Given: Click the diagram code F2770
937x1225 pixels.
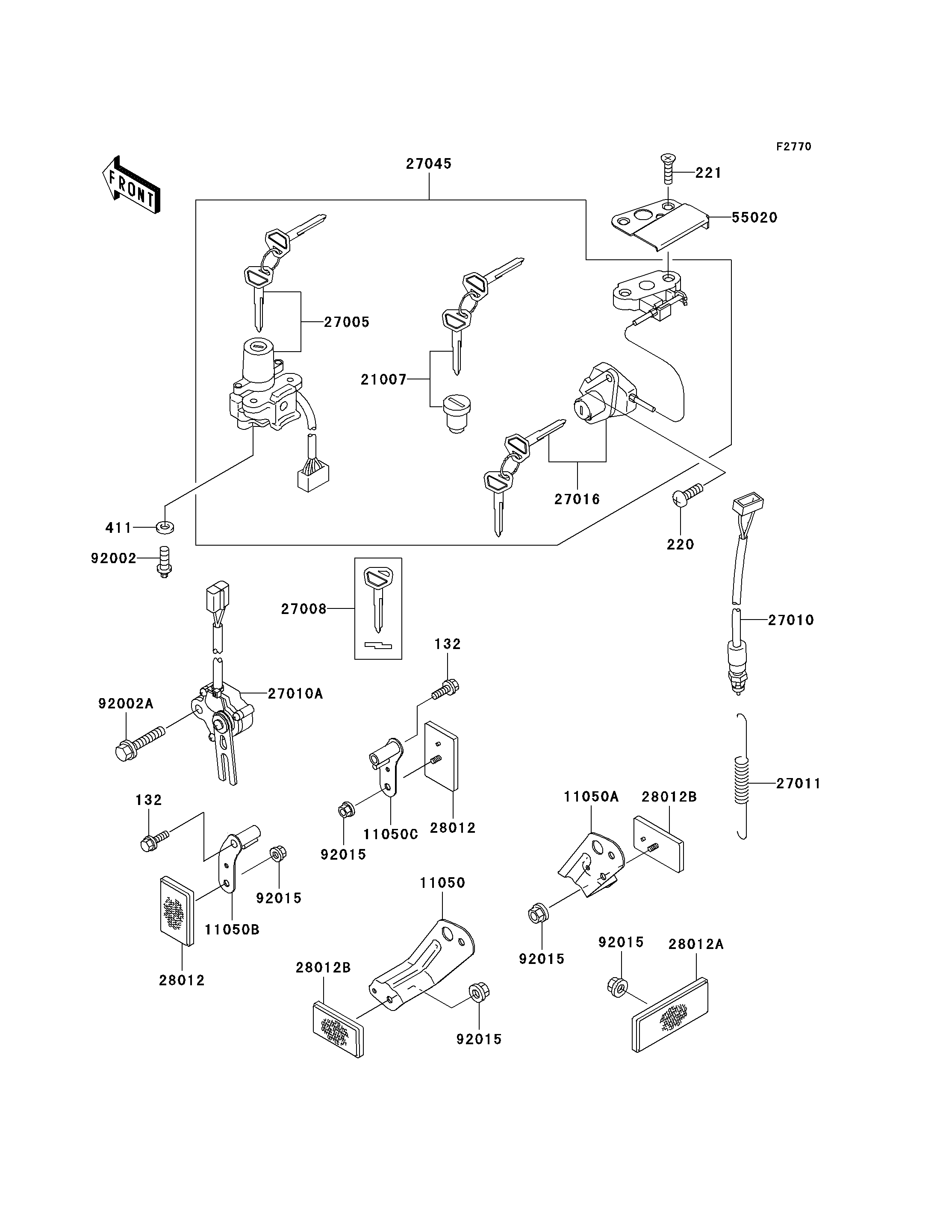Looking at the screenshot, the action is tap(794, 147).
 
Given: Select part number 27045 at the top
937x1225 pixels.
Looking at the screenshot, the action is tap(428, 164).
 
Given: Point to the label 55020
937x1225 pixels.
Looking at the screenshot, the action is tap(754, 217).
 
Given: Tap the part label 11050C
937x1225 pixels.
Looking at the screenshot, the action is tap(390, 835).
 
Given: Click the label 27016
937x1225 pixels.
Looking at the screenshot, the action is tap(577, 499).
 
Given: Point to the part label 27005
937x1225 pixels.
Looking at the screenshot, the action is tap(347, 322).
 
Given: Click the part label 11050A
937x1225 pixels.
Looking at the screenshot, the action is tap(591, 797).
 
